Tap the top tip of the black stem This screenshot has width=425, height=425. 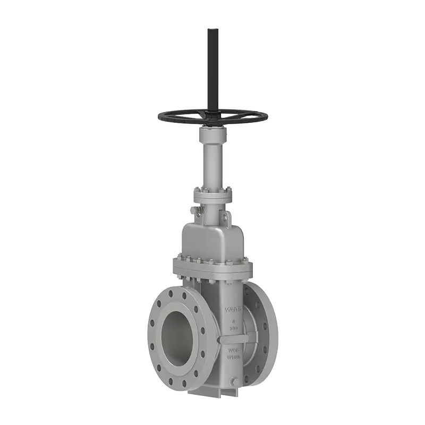pyautogui.click(x=212, y=30)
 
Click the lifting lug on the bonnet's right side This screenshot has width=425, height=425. pyautogui.click(x=227, y=216)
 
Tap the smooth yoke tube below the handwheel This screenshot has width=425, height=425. pyautogui.click(x=212, y=159)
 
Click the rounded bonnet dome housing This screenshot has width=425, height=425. pyautogui.click(x=212, y=239)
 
